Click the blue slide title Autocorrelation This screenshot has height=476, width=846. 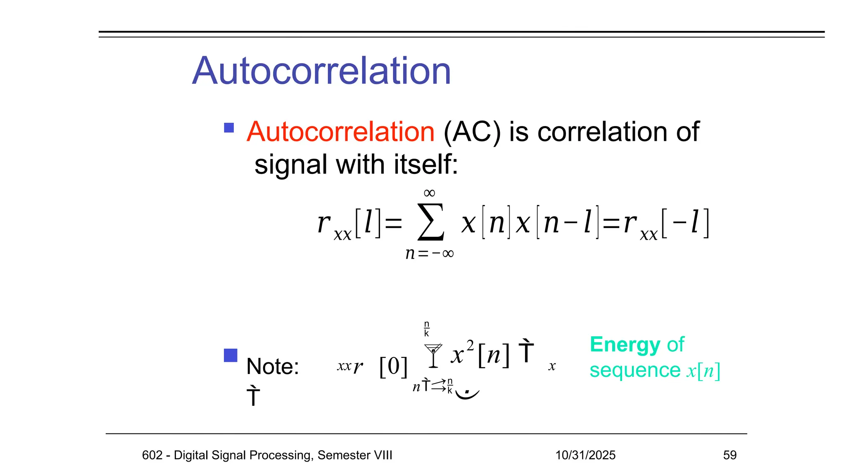pyautogui.click(x=321, y=71)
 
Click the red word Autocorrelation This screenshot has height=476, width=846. pyautogui.click(x=340, y=132)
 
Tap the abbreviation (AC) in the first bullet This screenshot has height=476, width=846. pyautogui.click(x=472, y=132)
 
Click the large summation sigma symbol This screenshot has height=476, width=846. pyautogui.click(x=431, y=222)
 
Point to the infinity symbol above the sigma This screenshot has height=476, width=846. pyautogui.click(x=430, y=193)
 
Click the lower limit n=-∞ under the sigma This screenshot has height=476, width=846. pyautogui.click(x=430, y=253)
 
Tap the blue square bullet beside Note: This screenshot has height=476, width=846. pyautogui.click(x=231, y=355)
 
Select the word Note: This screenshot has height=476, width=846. pyautogui.click(x=273, y=367)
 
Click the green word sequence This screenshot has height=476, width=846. pyautogui.click(x=634, y=370)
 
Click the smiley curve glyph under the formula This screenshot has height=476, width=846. pyautogui.click(x=467, y=393)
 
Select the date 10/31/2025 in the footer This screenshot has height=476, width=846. pyautogui.click(x=585, y=455)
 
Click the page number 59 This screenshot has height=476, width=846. pyautogui.click(x=730, y=455)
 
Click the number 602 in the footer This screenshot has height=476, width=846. pyautogui.click(x=152, y=455)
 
